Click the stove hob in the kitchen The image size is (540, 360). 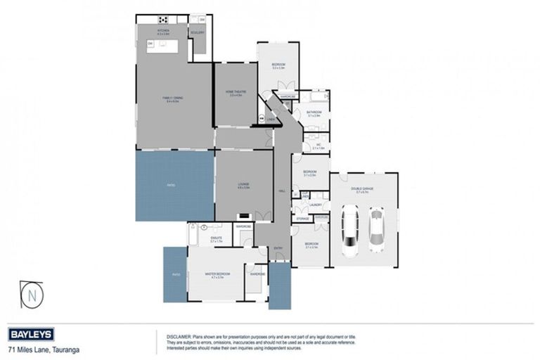[x=163, y=20]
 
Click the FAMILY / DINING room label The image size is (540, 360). [x=173, y=100]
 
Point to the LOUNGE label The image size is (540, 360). [x=243, y=184]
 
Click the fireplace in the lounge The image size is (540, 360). [x=244, y=216]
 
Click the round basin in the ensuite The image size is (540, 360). [x=203, y=228]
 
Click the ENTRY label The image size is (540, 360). [x=278, y=247]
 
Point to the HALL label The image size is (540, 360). [x=282, y=190]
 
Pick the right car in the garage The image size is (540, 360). [x=377, y=226]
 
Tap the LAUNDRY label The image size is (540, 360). [x=314, y=205]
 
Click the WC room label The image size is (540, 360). [x=317, y=146]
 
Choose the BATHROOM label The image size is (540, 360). [x=314, y=112]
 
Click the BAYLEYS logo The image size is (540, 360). [x=32, y=334]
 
